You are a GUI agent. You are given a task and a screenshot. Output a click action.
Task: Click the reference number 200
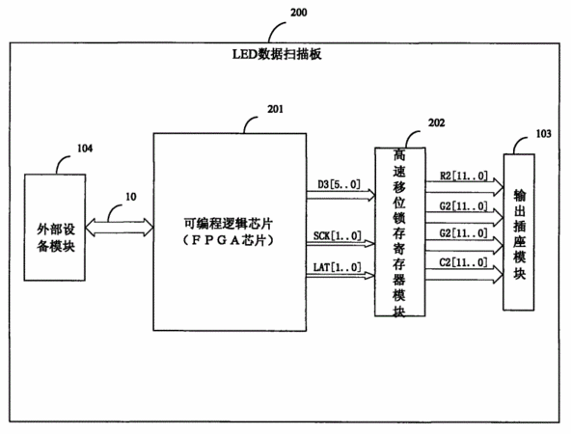coord(299,13)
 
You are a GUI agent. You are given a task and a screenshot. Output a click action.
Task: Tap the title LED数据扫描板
coord(277,54)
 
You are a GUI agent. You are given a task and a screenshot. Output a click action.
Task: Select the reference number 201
coord(275,109)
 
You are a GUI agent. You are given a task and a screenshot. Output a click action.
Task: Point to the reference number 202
coord(436,123)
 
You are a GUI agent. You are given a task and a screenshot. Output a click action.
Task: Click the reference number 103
coord(543,134)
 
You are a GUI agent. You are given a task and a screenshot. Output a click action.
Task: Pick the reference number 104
coord(85,149)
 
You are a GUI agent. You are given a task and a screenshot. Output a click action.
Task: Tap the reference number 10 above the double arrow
coord(131,197)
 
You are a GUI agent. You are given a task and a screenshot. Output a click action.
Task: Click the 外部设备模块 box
coord(55,228)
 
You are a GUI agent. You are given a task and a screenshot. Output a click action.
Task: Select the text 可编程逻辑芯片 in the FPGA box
coord(229,224)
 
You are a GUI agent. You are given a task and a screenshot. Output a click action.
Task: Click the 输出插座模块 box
coord(519,232)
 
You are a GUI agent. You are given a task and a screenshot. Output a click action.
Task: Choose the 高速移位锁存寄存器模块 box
coord(400,231)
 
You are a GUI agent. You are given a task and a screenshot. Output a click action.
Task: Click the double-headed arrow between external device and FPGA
coord(120,228)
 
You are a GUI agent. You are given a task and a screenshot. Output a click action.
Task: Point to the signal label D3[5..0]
coord(340,184)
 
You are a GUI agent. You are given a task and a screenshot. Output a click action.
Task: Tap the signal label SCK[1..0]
coord(338,236)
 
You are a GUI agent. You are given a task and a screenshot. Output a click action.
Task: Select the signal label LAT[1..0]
coord(338,267)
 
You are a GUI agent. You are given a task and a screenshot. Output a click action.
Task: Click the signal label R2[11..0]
coord(463,176)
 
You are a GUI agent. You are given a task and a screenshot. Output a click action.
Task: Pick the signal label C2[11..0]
coord(463,262)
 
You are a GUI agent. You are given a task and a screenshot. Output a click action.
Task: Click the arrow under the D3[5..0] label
coord(340,195)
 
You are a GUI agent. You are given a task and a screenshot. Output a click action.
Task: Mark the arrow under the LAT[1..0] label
coord(340,275)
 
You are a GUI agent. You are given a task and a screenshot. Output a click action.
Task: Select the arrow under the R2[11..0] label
coord(465,187)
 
